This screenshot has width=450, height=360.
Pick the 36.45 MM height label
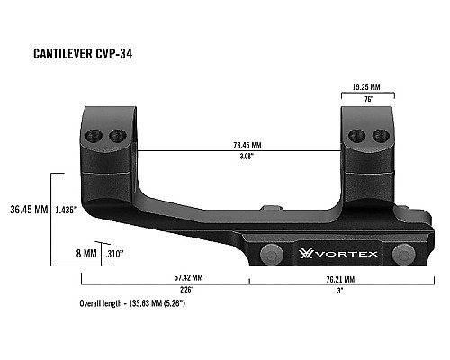(28, 209)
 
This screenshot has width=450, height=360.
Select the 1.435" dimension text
(65, 209)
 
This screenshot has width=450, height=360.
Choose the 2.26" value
(187, 290)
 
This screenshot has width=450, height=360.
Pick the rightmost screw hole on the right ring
(376, 135)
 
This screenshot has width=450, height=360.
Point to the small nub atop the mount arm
(271, 208)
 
